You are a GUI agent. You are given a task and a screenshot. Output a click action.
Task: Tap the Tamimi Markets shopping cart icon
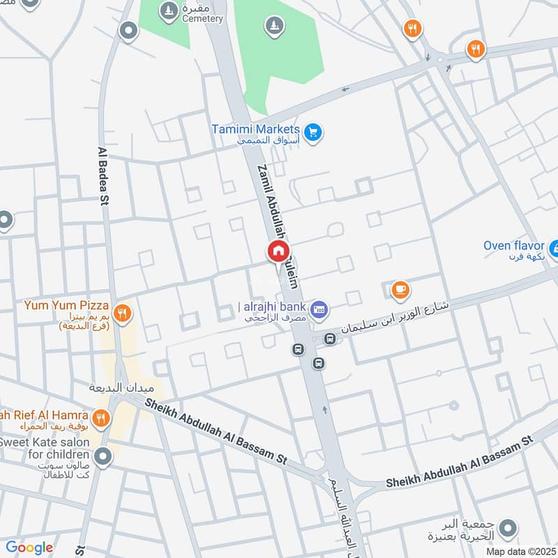point(313,130)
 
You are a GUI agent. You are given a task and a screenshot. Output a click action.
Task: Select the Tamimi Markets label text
point(256,130)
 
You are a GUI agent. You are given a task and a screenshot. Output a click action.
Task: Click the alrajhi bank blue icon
point(319,308)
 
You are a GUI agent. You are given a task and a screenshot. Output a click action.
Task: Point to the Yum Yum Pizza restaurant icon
point(122,313)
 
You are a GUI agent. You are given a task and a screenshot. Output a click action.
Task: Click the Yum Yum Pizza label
point(66,306)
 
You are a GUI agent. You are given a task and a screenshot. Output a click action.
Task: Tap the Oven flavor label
point(515,246)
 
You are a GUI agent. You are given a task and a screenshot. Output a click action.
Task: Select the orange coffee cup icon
point(400,290)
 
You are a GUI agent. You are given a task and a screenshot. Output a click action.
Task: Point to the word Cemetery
point(202,19)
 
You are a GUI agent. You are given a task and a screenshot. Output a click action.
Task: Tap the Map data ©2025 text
point(520,551)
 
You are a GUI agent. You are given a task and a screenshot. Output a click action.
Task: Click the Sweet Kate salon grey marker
point(103,458)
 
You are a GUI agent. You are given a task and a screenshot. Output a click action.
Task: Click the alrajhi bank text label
point(273,307)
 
